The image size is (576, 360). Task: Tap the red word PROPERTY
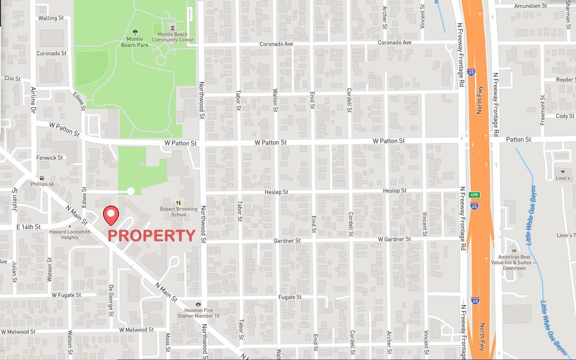[151, 236]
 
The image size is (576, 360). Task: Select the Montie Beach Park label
[135, 42]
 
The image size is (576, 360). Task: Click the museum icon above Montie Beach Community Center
[173, 28]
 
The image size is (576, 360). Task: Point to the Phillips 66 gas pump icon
[42, 178]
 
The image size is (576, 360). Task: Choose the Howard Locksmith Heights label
[70, 234]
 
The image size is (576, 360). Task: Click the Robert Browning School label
[178, 211]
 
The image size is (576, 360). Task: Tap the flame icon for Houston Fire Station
[198, 304]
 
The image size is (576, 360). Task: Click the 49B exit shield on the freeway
[474, 195]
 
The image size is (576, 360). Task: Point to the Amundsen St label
[530, 6]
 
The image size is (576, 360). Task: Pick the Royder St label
[565, 80]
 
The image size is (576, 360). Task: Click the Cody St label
[565, 116]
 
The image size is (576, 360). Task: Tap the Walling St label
[51, 18]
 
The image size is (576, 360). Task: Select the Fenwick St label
[50, 158]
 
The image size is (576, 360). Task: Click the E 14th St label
[29, 227]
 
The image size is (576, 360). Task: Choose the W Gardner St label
[394, 240]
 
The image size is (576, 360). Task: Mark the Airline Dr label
[33, 100]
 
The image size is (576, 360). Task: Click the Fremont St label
[542, 110]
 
